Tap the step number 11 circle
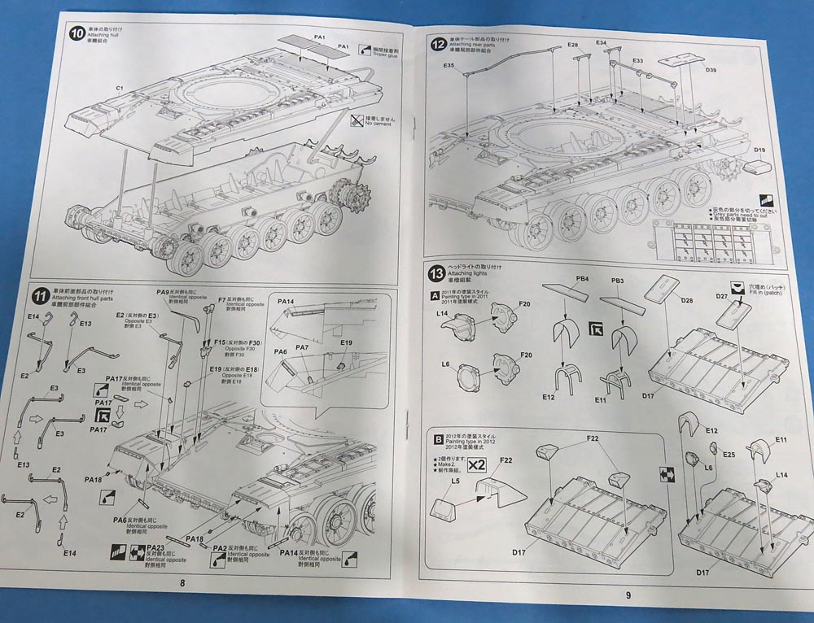38,294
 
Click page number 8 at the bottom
183,582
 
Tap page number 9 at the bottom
628,594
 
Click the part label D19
760,150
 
